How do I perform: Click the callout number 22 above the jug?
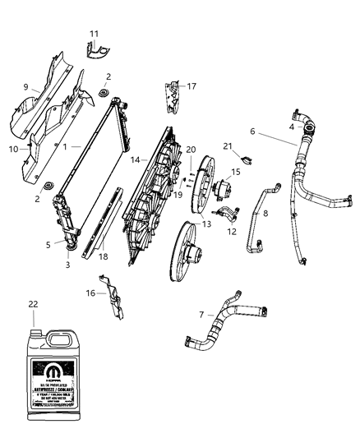[33, 305]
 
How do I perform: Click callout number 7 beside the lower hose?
[201, 314]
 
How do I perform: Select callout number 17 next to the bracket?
[192, 85]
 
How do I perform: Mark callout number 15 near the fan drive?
[236, 172]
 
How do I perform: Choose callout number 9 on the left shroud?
[25, 87]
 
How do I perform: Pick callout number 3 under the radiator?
[68, 265]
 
